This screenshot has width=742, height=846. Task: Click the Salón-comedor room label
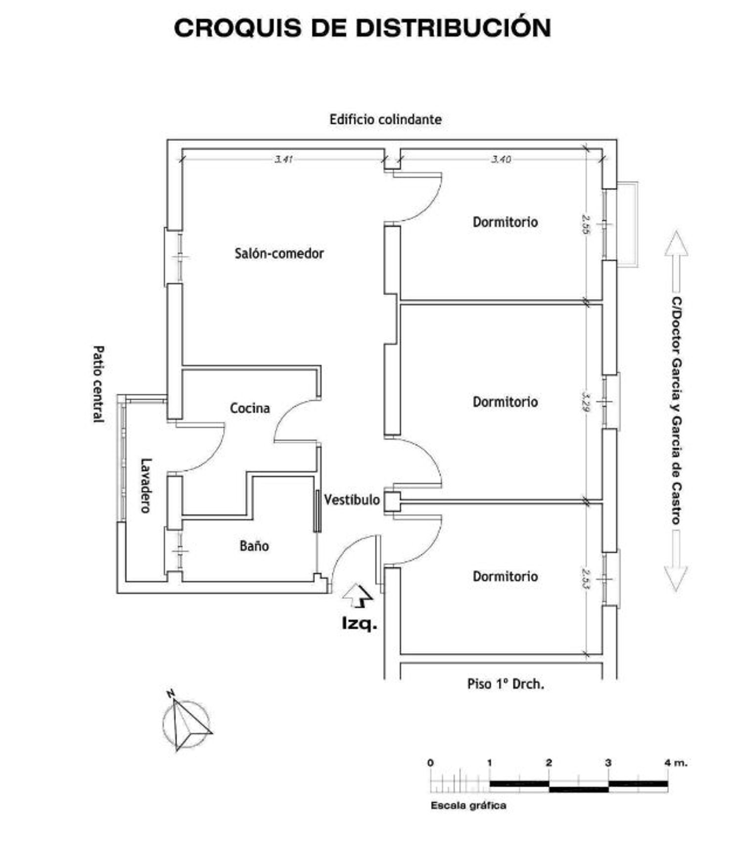279,253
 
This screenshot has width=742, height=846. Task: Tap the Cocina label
250,408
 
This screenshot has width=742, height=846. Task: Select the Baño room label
254,546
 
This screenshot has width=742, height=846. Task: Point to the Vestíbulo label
352,500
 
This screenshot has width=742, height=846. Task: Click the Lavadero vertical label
145,485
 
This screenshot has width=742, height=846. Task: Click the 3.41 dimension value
284,159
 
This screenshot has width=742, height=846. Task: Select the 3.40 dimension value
501,159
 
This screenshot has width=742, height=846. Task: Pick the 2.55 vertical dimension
586,224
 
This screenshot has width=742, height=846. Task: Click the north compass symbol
186,723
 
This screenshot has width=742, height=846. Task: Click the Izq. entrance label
359,623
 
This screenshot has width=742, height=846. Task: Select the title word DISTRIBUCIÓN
453,28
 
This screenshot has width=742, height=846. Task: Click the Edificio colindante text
385,120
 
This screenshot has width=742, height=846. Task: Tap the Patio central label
99,384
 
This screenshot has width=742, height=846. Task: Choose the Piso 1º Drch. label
506,684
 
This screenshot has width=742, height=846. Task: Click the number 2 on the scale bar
549,762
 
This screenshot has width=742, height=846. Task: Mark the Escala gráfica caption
468,805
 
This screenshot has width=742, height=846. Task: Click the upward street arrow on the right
676,261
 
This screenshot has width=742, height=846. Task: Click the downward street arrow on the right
676,562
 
